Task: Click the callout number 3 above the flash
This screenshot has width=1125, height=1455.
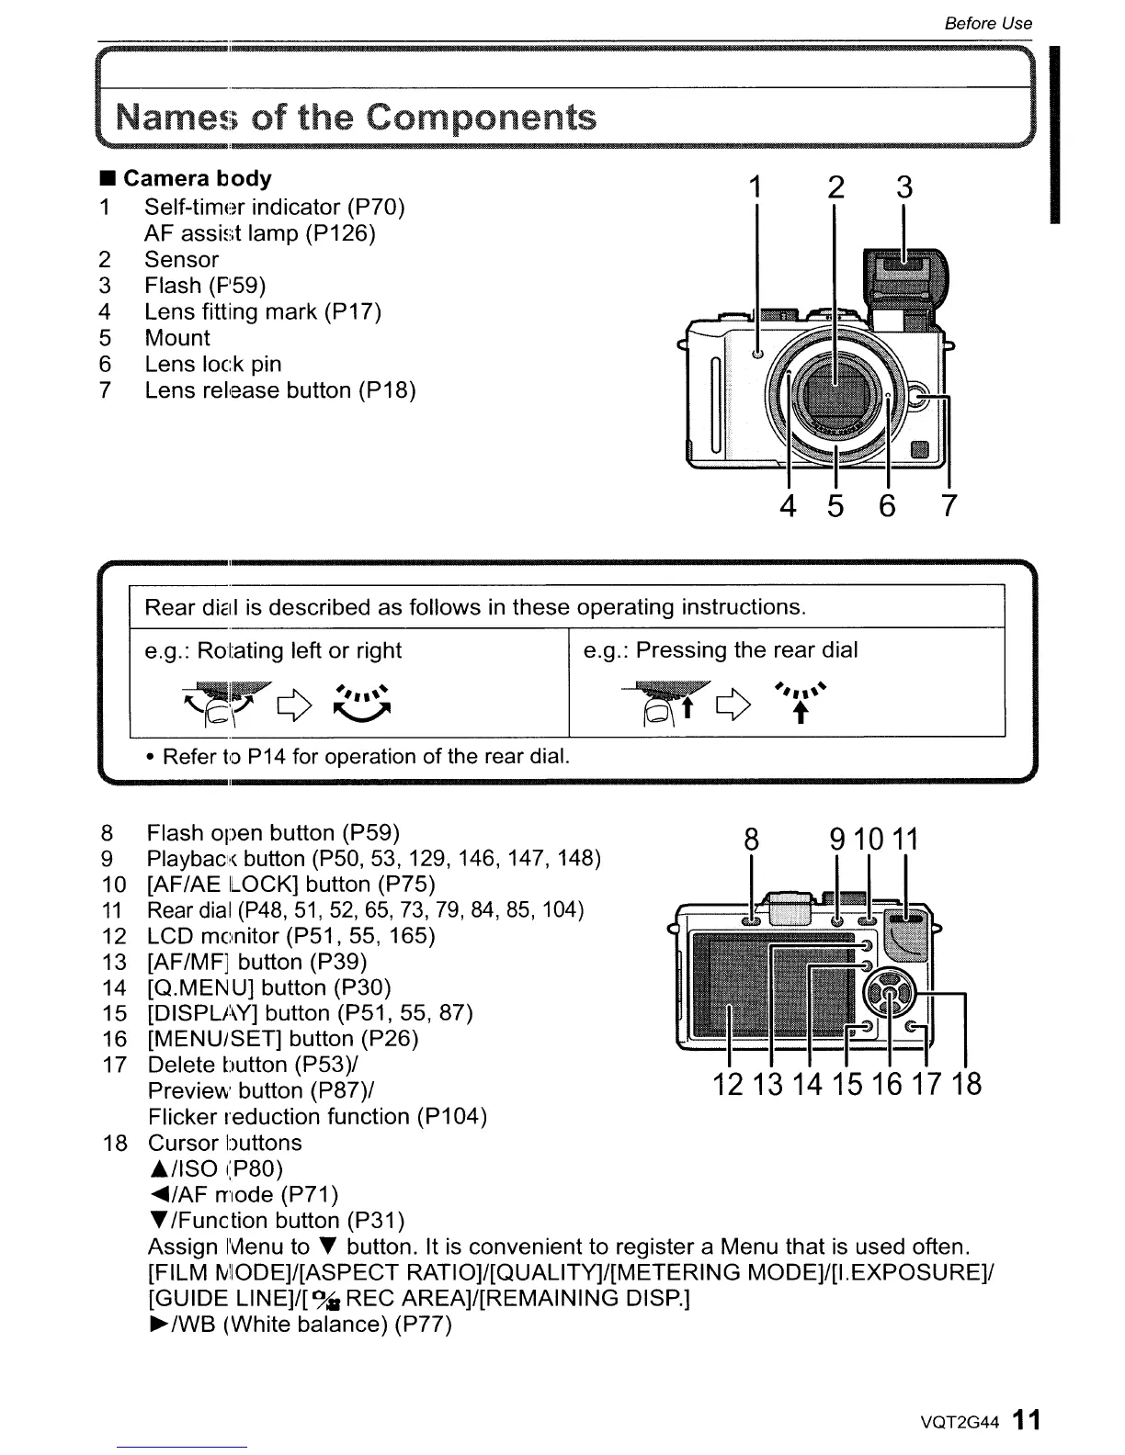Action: tap(904, 187)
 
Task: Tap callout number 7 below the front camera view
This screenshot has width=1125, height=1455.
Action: tap(949, 505)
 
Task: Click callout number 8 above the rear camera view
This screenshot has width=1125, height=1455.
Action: tap(752, 840)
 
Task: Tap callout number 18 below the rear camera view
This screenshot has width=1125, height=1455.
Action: tap(967, 1085)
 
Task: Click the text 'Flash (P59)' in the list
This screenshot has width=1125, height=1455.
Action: tap(205, 286)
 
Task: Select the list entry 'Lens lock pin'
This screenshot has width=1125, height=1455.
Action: tap(212, 364)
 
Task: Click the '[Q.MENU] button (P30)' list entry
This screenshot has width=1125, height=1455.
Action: tap(268, 987)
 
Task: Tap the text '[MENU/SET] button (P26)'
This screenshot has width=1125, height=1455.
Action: tap(282, 1039)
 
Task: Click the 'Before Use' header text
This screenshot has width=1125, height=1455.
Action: tap(988, 23)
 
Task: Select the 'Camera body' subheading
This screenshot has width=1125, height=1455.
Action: tap(197, 178)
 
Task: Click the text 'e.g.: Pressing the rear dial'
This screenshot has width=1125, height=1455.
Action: tap(721, 650)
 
